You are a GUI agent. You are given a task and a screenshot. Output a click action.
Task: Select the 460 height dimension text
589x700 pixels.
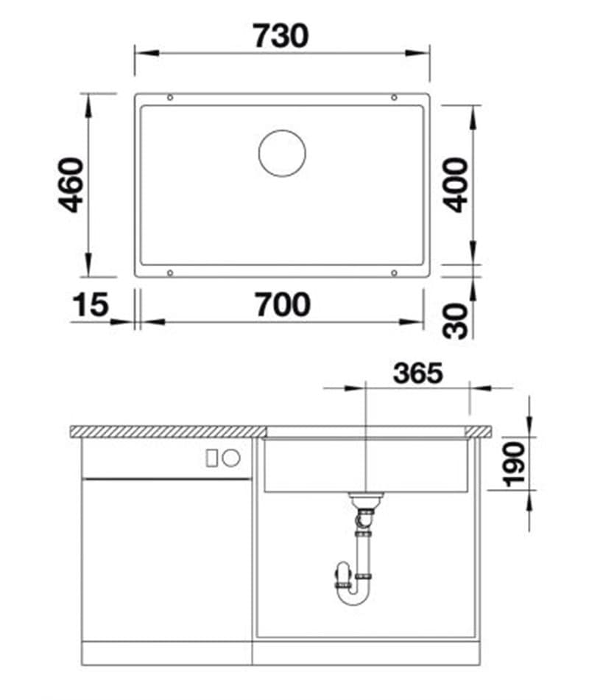pyautogui.click(x=71, y=185)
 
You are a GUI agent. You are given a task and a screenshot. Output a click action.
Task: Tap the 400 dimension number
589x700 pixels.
pyautogui.click(x=457, y=185)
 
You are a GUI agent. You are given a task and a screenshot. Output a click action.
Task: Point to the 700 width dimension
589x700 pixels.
pyautogui.click(x=282, y=304)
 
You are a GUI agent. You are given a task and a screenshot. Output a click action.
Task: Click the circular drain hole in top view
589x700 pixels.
pyautogui.click(x=282, y=153)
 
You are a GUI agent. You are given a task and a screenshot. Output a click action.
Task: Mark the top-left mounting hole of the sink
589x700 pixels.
pyautogui.click(x=171, y=98)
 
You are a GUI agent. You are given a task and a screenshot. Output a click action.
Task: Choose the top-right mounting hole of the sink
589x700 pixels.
pyautogui.click(x=394, y=98)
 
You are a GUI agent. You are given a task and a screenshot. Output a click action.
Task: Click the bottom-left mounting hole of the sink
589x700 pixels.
pyautogui.click(x=171, y=273)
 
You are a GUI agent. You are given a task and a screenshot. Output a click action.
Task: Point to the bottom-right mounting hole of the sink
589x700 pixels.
pyautogui.click(x=394, y=273)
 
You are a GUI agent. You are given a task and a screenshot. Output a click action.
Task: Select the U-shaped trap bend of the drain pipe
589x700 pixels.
pyautogui.click(x=352, y=593)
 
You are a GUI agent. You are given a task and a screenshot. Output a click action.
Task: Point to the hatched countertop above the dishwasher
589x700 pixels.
pyautogui.click(x=168, y=431)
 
